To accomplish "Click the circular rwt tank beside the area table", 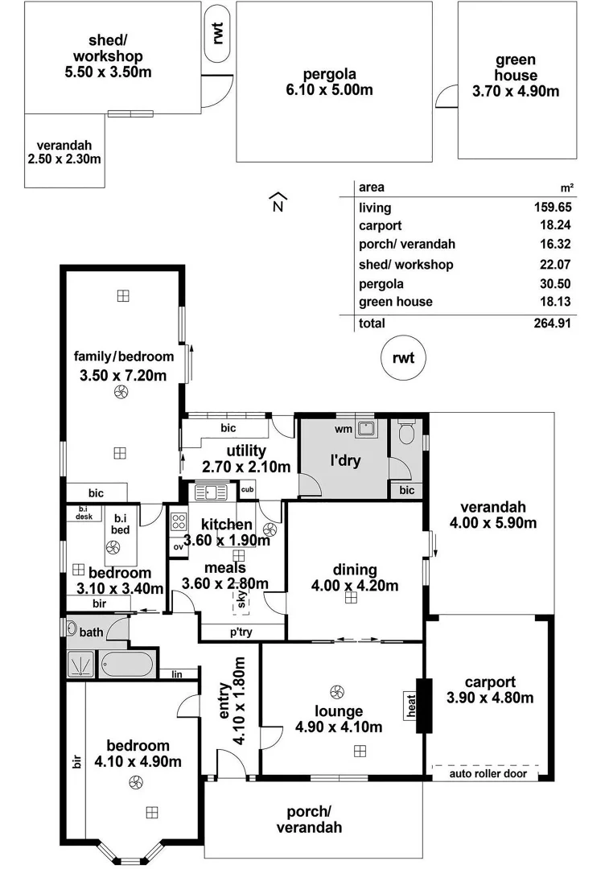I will click(x=402, y=358).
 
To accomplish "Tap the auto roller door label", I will click(x=488, y=774).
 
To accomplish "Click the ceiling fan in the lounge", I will click(x=336, y=691).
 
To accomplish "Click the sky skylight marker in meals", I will click(x=240, y=599).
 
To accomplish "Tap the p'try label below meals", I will click(x=241, y=632).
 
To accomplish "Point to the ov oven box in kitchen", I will click(x=178, y=546).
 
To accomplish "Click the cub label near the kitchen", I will click(x=247, y=489).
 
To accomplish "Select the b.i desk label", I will click(x=84, y=513).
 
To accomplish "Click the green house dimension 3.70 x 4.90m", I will click(x=516, y=91).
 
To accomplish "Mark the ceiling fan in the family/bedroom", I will click(x=121, y=393).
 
